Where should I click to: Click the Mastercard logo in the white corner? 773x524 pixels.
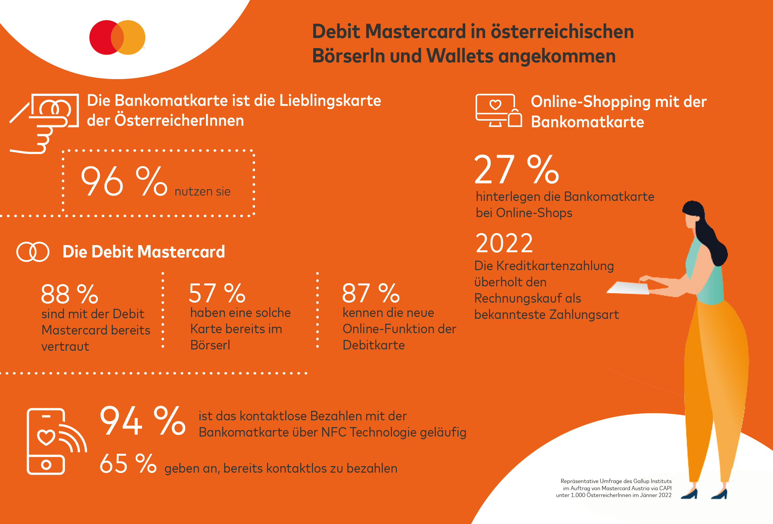[117, 37]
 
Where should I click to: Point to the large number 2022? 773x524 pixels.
[504, 243]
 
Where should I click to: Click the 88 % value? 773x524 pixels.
[69, 294]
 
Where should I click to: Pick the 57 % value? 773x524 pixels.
[217, 293]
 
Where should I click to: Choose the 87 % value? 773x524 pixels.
[370, 293]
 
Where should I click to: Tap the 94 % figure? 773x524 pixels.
[142, 421]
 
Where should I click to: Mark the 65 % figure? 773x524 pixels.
[128, 464]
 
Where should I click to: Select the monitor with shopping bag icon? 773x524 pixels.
[498, 111]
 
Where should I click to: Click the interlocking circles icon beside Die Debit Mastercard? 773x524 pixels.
[33, 252]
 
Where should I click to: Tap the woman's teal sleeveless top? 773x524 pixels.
[707, 276]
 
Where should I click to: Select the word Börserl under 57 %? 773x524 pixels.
[210, 345]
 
